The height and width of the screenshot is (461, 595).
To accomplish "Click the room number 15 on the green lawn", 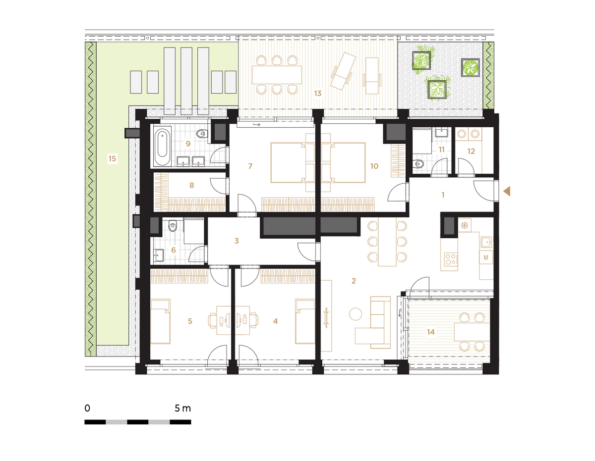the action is [112, 158].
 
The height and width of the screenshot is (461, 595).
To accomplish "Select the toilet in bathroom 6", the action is [173, 226].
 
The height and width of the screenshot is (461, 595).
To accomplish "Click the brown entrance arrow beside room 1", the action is [507, 191].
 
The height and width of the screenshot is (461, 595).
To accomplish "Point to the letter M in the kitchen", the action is [486, 257].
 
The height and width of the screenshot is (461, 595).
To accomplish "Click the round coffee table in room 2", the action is [356, 314].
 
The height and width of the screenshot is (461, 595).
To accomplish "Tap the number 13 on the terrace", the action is [318, 94].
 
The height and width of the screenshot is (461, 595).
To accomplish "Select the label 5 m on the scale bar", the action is [182, 409].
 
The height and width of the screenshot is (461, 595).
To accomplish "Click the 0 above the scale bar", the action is [87, 409].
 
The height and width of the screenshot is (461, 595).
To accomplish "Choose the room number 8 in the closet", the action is [192, 185].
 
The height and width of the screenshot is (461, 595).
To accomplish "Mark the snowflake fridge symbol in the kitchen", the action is [465, 226].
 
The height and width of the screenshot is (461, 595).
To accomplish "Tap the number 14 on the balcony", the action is [431, 332].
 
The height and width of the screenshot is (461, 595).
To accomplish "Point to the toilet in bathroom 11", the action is [418, 164].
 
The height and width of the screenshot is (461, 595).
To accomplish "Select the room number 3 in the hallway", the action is [237, 241].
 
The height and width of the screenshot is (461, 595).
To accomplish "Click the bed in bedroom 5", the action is [161, 321].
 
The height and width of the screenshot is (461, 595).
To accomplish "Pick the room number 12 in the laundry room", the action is [471, 151].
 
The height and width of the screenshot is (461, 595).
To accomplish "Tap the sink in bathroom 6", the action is [159, 255].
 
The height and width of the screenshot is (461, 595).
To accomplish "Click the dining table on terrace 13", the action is [277, 75].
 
